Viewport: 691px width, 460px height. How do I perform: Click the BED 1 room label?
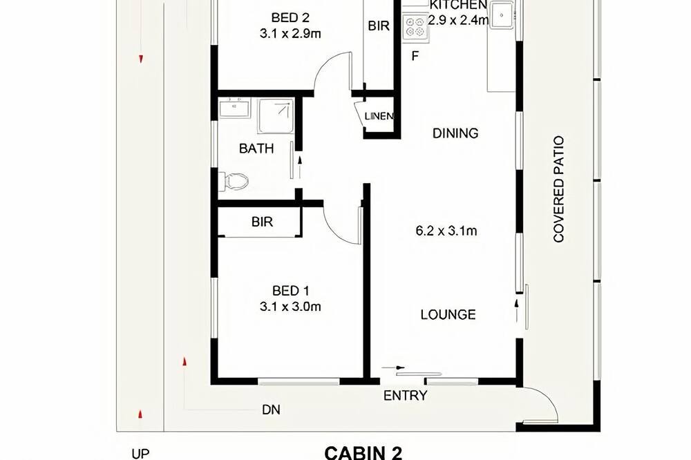pos(290,291)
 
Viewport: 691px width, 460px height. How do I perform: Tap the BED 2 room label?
pos(290,18)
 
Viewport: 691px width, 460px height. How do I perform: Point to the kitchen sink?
pos(502,15)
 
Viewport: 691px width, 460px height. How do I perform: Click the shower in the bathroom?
pos(276,116)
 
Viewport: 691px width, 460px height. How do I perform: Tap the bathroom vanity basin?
pos(234,108)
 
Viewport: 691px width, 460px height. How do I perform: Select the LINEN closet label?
pos(379,116)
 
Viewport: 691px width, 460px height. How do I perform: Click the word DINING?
pos(455,133)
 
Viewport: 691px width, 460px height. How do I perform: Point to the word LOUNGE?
pos(448,314)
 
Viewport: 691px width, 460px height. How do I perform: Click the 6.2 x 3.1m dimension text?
pos(446,231)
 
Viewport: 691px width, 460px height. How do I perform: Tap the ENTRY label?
pos(405,396)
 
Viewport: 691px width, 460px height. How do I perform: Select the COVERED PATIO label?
pos(559,189)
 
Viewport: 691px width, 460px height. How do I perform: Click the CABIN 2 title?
pos(363,453)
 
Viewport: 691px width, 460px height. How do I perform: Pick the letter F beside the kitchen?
pos(415,57)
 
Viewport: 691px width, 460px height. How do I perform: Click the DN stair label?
pos(271,410)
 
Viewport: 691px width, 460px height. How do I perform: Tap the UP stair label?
pos(140,454)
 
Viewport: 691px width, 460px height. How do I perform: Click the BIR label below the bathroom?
pos(262,222)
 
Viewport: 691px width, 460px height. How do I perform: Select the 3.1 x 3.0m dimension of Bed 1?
pos(290,306)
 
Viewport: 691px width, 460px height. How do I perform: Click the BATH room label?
pos(256,148)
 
